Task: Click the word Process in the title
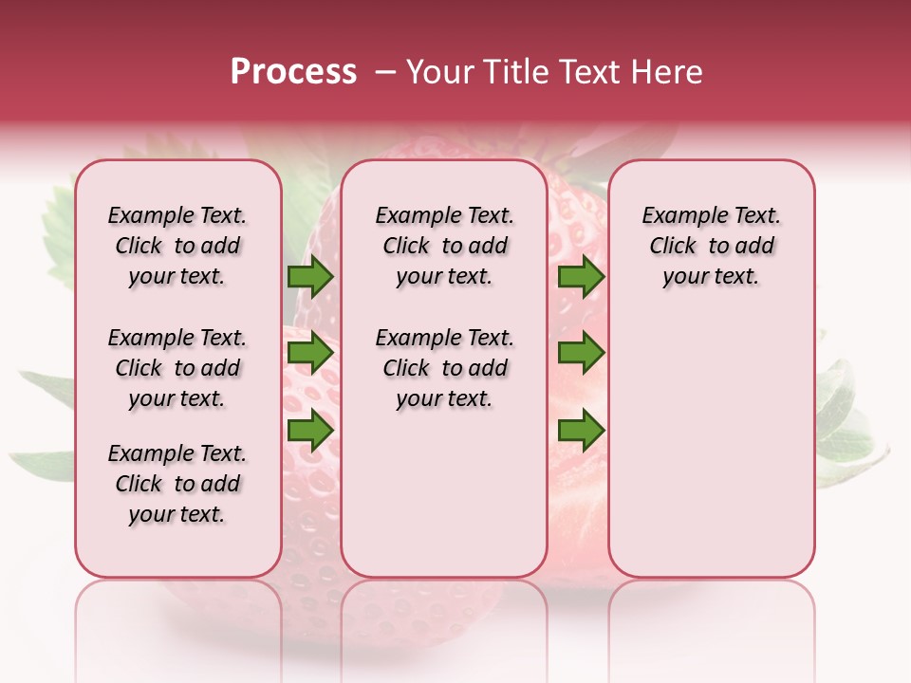click(x=293, y=72)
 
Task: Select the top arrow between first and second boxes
click(x=310, y=276)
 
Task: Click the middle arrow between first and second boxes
click(x=310, y=353)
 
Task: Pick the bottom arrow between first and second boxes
click(x=310, y=430)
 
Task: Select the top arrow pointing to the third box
click(x=581, y=276)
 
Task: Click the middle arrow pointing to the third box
click(x=581, y=353)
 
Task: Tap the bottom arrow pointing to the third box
click(x=581, y=430)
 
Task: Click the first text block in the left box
click(x=177, y=246)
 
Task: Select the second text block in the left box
click(x=177, y=368)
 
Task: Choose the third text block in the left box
click(x=177, y=484)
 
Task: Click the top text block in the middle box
click(x=444, y=246)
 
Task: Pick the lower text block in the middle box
click(x=444, y=368)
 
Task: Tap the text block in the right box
click(x=711, y=246)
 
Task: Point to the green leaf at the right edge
click(x=845, y=417)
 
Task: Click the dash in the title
click(x=385, y=73)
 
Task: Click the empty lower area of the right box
click(x=711, y=446)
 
